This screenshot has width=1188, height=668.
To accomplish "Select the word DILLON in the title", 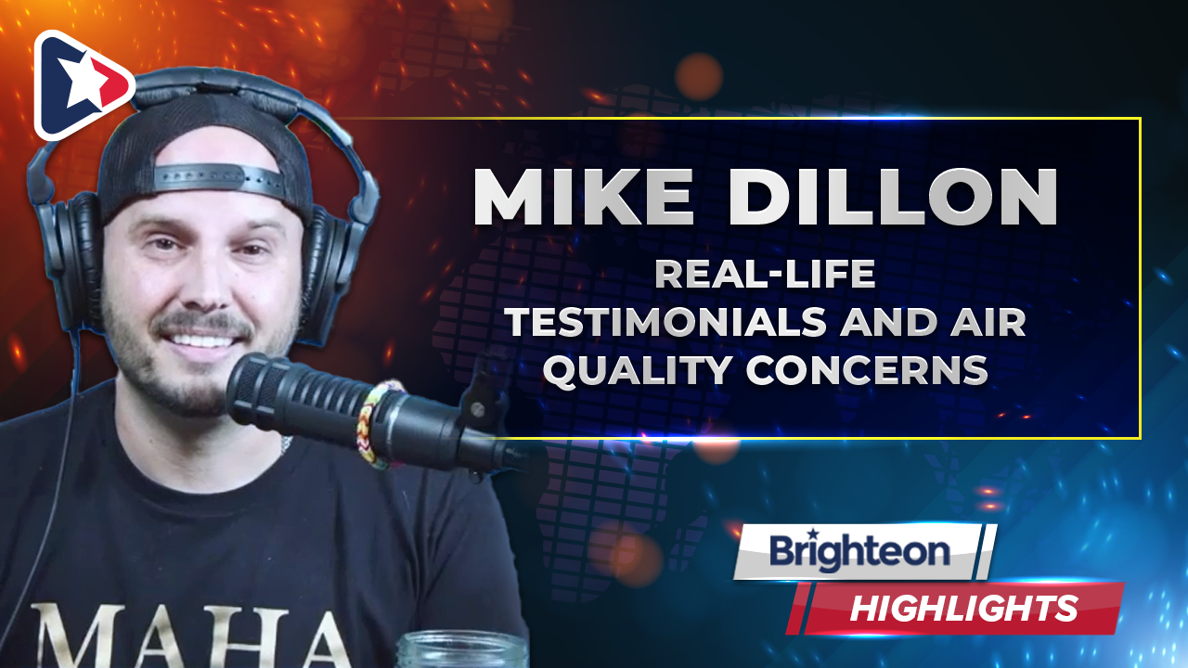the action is point(894,197).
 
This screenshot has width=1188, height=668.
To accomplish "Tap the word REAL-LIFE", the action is point(766,274).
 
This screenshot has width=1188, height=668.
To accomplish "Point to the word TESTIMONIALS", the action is point(665,322).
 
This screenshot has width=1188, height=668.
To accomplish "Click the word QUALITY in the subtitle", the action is point(638,370).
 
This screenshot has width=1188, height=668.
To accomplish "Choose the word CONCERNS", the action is point(868,369).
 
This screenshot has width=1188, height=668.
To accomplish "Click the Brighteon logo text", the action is point(859,552).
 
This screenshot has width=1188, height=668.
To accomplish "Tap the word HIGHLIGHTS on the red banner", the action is point(963,608).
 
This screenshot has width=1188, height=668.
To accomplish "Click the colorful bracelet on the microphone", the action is point(374,424).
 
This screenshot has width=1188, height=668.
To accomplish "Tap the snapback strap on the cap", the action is point(216,177).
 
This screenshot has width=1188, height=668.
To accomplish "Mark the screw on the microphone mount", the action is point(478,409).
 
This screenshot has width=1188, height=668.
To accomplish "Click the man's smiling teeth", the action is point(202,340).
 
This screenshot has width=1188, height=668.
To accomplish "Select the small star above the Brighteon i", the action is point(812,533).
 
